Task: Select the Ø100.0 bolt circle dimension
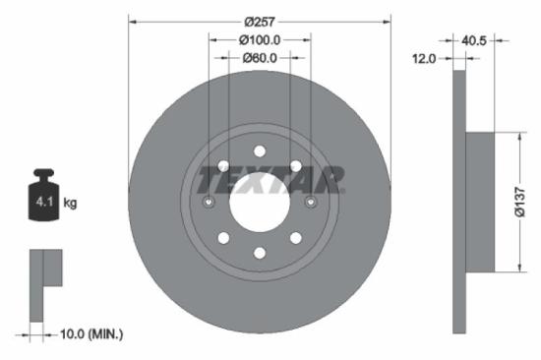260,40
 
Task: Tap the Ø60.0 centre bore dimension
260,58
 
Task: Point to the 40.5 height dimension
476,40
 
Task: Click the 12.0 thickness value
423,59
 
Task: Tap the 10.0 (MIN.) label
90,335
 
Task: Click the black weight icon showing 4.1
43,199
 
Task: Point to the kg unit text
71,204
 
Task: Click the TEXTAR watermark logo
270,181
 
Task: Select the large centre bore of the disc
260,203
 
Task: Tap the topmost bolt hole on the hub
260,150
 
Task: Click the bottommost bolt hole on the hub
260,254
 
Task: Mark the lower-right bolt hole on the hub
296,239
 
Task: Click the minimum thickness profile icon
44,285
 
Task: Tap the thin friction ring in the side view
458,203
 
